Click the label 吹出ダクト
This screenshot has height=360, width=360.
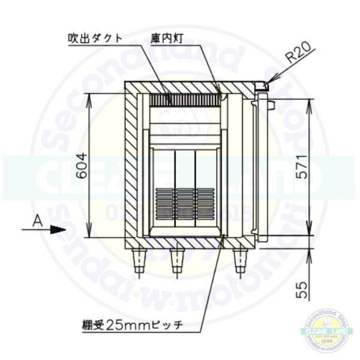coord(95,38)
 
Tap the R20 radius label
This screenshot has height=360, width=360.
coord(298,55)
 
